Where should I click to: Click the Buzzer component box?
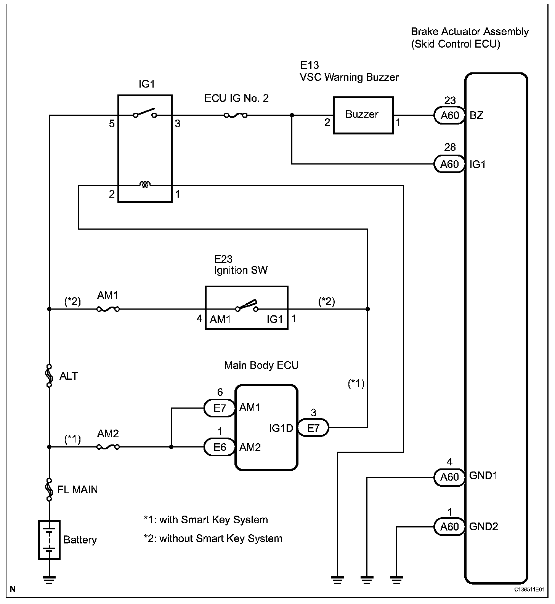click(x=363, y=115)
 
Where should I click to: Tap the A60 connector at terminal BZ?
click(x=450, y=115)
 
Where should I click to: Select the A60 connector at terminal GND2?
click(x=449, y=527)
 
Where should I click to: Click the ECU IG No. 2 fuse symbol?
click(x=236, y=115)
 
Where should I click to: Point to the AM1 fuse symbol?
click(x=108, y=309)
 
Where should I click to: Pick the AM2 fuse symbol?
click(x=108, y=447)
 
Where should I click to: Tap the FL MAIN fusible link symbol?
click(x=49, y=489)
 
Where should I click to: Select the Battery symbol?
click(x=50, y=540)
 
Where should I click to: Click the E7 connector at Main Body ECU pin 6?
click(x=220, y=408)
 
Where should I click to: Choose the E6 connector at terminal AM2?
click(x=220, y=447)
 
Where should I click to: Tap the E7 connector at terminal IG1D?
click(x=313, y=428)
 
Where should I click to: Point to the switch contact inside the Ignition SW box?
click(x=247, y=306)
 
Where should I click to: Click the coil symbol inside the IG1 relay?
click(x=145, y=185)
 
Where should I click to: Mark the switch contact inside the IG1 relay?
click(x=145, y=114)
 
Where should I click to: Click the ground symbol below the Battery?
click(x=49, y=580)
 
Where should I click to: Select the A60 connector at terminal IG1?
click(x=449, y=164)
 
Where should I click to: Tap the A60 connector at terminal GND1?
click(x=449, y=477)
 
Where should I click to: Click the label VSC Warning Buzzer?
click(x=349, y=77)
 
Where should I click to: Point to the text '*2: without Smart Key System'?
click(x=213, y=538)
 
